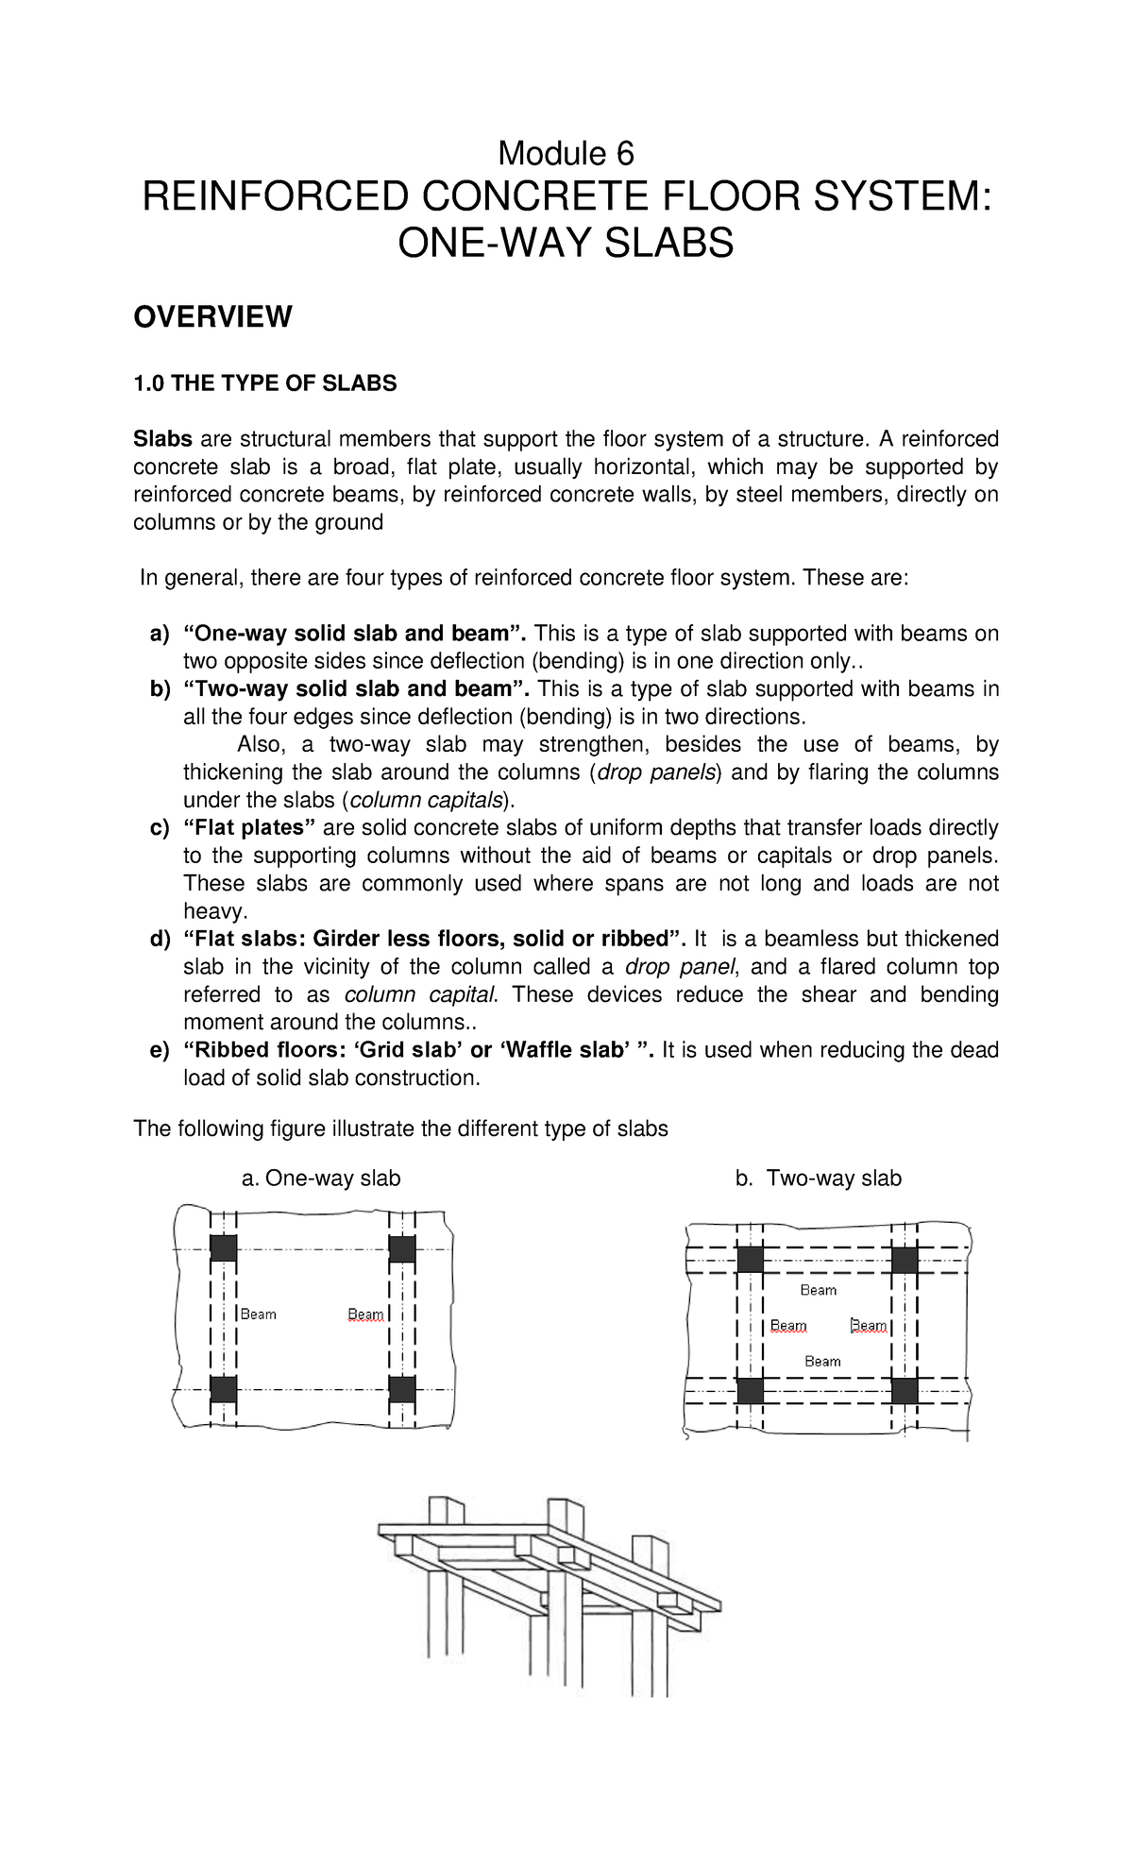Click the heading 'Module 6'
pos(566,152)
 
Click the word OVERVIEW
pos(212,317)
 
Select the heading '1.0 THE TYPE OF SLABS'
pos(265,383)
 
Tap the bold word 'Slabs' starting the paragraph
pos(162,439)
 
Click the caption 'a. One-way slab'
pos(321,1178)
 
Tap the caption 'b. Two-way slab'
pos(819,1178)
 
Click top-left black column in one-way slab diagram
pos(223,1248)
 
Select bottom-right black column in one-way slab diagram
pos(402,1389)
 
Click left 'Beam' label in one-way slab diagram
pos(258,1314)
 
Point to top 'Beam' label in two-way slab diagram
pos(819,1290)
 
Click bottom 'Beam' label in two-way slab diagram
pos(822,1361)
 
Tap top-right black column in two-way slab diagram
pos(905,1260)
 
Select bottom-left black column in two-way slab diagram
pos(751,1390)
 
